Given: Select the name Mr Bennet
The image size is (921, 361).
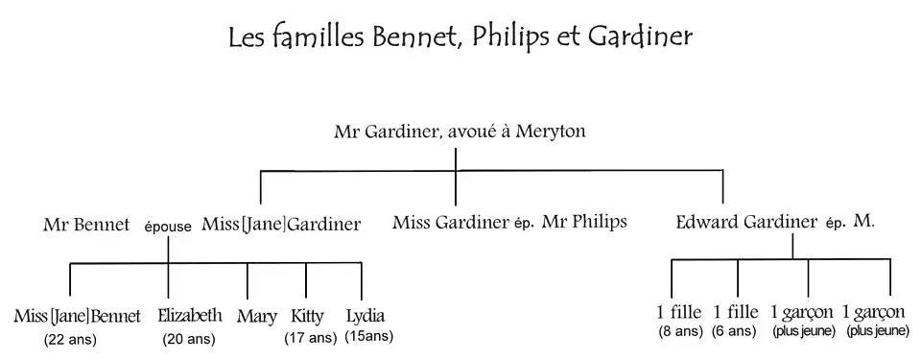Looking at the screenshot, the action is tap(86, 225).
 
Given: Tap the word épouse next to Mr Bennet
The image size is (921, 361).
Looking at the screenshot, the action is tap(168, 227).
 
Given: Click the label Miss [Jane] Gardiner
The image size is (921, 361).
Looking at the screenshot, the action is tap(281, 225).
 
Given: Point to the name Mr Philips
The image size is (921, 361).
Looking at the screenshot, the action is tap(583, 223).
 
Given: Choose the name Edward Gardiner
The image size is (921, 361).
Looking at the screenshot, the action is tap(745, 223).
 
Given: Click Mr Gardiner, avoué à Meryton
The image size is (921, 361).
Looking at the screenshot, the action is tap(460, 131).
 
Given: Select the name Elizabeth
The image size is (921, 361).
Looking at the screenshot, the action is tap(190, 316).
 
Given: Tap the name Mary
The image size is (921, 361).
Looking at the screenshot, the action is tap(256, 317).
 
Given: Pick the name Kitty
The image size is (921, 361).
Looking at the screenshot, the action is tap(307, 317).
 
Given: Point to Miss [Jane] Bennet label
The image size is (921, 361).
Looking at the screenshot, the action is tap(77, 317).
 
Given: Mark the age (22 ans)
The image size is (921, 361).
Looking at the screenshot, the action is tap(70, 339).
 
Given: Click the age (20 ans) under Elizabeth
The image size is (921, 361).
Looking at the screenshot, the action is tap(188, 339).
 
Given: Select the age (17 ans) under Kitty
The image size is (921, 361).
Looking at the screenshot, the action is tap(310, 338).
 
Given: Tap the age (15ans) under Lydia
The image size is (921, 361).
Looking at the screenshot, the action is tap(368, 336).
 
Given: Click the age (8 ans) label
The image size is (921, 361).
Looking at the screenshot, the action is tap(680, 332).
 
